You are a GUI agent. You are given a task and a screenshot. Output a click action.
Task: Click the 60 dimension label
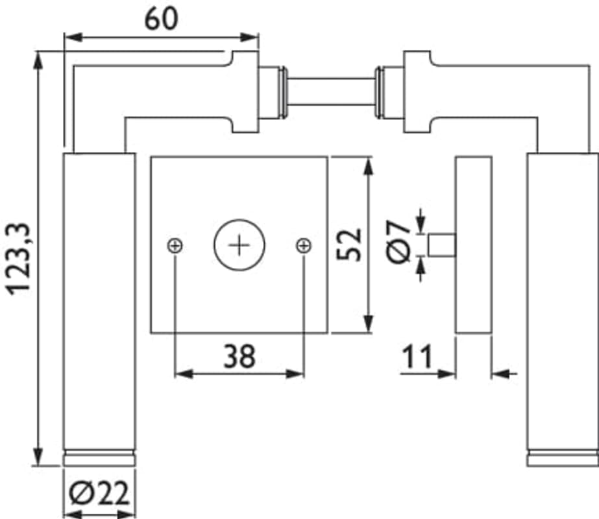(160, 19)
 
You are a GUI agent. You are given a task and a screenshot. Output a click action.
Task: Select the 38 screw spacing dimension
(239, 357)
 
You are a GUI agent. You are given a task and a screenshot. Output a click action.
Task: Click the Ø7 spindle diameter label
(399, 241)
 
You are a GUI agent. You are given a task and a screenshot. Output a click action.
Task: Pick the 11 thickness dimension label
(417, 357)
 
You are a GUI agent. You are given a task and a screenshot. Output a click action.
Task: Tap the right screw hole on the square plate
(303, 245)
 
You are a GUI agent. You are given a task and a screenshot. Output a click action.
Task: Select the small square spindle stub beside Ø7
(443, 245)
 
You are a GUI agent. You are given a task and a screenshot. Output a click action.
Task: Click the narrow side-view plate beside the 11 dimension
(473, 245)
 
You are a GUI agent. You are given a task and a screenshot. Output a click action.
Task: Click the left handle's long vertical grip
(99, 298)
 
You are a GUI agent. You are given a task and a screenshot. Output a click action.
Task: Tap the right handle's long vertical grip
(562, 298)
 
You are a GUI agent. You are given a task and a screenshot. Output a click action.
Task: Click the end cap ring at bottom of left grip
(99, 457)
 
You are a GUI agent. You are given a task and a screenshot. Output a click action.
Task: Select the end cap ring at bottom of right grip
(562, 457)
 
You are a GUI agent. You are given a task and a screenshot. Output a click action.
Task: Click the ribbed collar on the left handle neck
(273, 93)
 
